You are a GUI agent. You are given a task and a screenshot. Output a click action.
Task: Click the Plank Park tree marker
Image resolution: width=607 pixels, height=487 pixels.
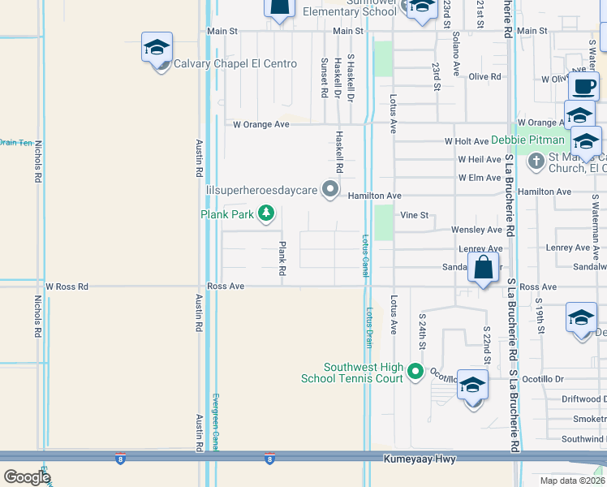265,214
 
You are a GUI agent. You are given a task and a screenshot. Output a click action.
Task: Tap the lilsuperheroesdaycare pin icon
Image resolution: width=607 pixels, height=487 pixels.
330,190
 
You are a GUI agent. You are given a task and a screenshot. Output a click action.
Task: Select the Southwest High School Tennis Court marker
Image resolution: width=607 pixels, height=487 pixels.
416,373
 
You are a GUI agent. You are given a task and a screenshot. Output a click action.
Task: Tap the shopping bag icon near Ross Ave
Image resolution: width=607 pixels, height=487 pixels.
484,268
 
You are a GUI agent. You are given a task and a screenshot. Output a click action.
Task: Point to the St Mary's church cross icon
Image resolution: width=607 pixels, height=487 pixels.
536,162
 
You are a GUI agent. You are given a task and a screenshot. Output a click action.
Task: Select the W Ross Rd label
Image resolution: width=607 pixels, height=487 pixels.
66,287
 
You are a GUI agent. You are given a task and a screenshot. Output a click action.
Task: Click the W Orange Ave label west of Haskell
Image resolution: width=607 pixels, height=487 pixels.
261,125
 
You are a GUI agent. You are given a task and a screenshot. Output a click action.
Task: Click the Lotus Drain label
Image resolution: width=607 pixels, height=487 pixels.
369,328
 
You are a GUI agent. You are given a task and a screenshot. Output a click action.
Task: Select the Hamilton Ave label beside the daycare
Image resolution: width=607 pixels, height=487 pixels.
375,196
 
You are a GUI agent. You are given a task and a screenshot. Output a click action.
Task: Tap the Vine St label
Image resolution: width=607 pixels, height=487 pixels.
414,216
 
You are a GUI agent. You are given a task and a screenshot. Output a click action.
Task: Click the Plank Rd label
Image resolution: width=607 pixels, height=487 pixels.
282,259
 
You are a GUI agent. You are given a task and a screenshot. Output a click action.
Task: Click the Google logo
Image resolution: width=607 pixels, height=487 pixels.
27,477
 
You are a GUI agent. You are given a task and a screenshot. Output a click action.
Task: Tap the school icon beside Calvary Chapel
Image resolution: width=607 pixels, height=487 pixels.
157,48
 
